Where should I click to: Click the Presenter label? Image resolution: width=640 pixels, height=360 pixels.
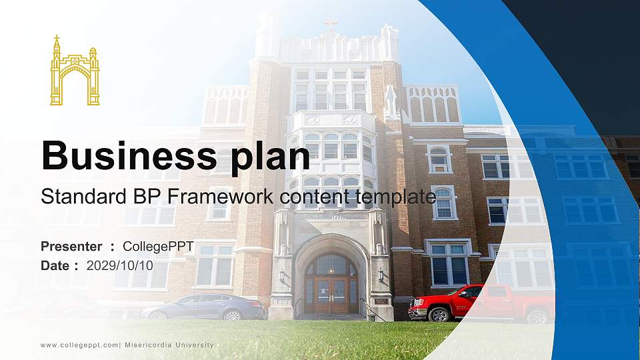tap(71, 247)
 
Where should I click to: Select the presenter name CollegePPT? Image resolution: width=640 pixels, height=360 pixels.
tap(158, 247)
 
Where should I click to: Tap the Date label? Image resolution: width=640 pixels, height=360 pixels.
tap(55, 265)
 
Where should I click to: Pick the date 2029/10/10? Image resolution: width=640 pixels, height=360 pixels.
tap(119, 265)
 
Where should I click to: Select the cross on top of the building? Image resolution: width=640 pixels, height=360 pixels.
tap(330, 25)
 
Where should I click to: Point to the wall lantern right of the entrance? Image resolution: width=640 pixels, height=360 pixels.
tap(381, 274)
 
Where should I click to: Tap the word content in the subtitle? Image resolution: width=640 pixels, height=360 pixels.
tap(307, 197)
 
